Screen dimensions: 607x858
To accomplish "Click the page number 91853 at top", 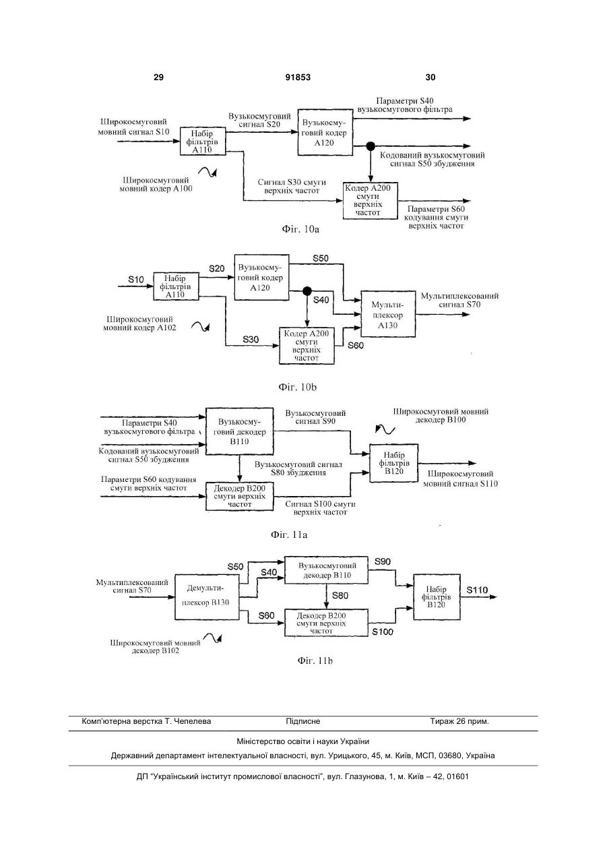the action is pos(298,78).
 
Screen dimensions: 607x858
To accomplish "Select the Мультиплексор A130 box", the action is pos(388,314).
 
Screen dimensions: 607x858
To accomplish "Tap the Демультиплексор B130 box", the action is pos(207,596).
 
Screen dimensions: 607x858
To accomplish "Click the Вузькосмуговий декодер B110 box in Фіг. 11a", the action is pos(240,431).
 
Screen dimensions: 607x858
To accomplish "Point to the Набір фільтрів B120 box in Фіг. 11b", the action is pos(437,596).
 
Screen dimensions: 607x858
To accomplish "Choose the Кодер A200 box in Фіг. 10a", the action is pos(370,201).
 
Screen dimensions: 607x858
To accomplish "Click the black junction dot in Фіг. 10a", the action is pos(371,146).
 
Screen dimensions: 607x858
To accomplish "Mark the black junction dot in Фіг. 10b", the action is pos(307,291).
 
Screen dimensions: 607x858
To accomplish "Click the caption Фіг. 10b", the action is pos(298,388).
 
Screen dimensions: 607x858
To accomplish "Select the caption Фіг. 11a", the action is pos(289,534).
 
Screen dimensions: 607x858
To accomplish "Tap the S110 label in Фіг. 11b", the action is pos(477,590).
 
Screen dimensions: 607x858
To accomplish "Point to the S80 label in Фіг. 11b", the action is pos(340,596).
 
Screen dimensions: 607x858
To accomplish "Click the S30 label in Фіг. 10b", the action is pos(251,340).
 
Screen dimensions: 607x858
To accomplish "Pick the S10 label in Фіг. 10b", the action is pos(136,280).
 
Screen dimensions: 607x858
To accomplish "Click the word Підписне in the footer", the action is pos(303,721).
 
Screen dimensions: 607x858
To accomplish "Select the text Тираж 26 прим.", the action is pos(459,721).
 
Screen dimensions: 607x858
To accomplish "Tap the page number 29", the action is pos(158,78).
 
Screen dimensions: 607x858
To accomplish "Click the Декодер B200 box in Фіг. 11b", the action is pos(326,623).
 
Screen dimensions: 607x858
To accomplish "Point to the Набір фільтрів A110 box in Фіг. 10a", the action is pos(203,141).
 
